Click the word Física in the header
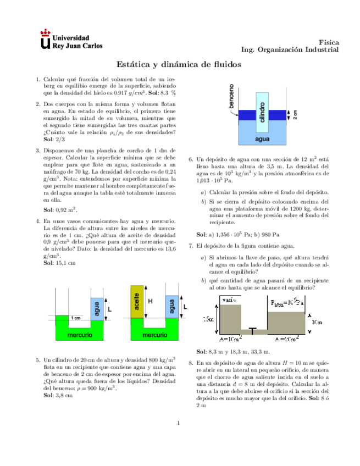329,42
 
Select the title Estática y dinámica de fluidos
180,64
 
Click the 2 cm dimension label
295,115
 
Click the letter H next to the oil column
150,301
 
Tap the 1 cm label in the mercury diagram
75,318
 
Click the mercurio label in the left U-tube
79,334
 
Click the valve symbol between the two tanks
252,331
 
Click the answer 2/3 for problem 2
57,140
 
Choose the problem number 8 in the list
190,364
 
